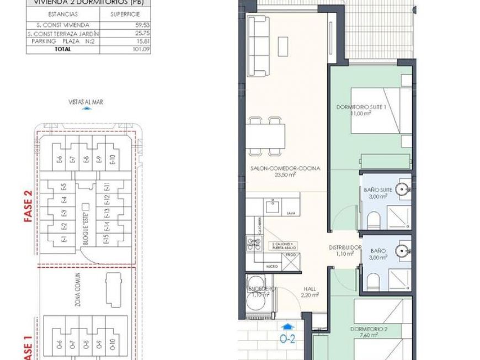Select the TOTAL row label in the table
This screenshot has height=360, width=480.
tap(62, 49)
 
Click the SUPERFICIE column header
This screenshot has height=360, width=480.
tap(125, 14)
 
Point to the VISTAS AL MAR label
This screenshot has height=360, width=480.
tap(86, 102)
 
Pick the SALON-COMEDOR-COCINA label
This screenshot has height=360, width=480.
tap(285, 168)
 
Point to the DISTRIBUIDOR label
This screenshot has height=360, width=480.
tap(345, 247)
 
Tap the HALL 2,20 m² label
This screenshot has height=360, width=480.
tap(310, 292)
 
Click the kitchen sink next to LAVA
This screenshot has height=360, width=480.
tap(271, 207)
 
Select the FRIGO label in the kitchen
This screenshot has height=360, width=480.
tap(291, 255)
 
